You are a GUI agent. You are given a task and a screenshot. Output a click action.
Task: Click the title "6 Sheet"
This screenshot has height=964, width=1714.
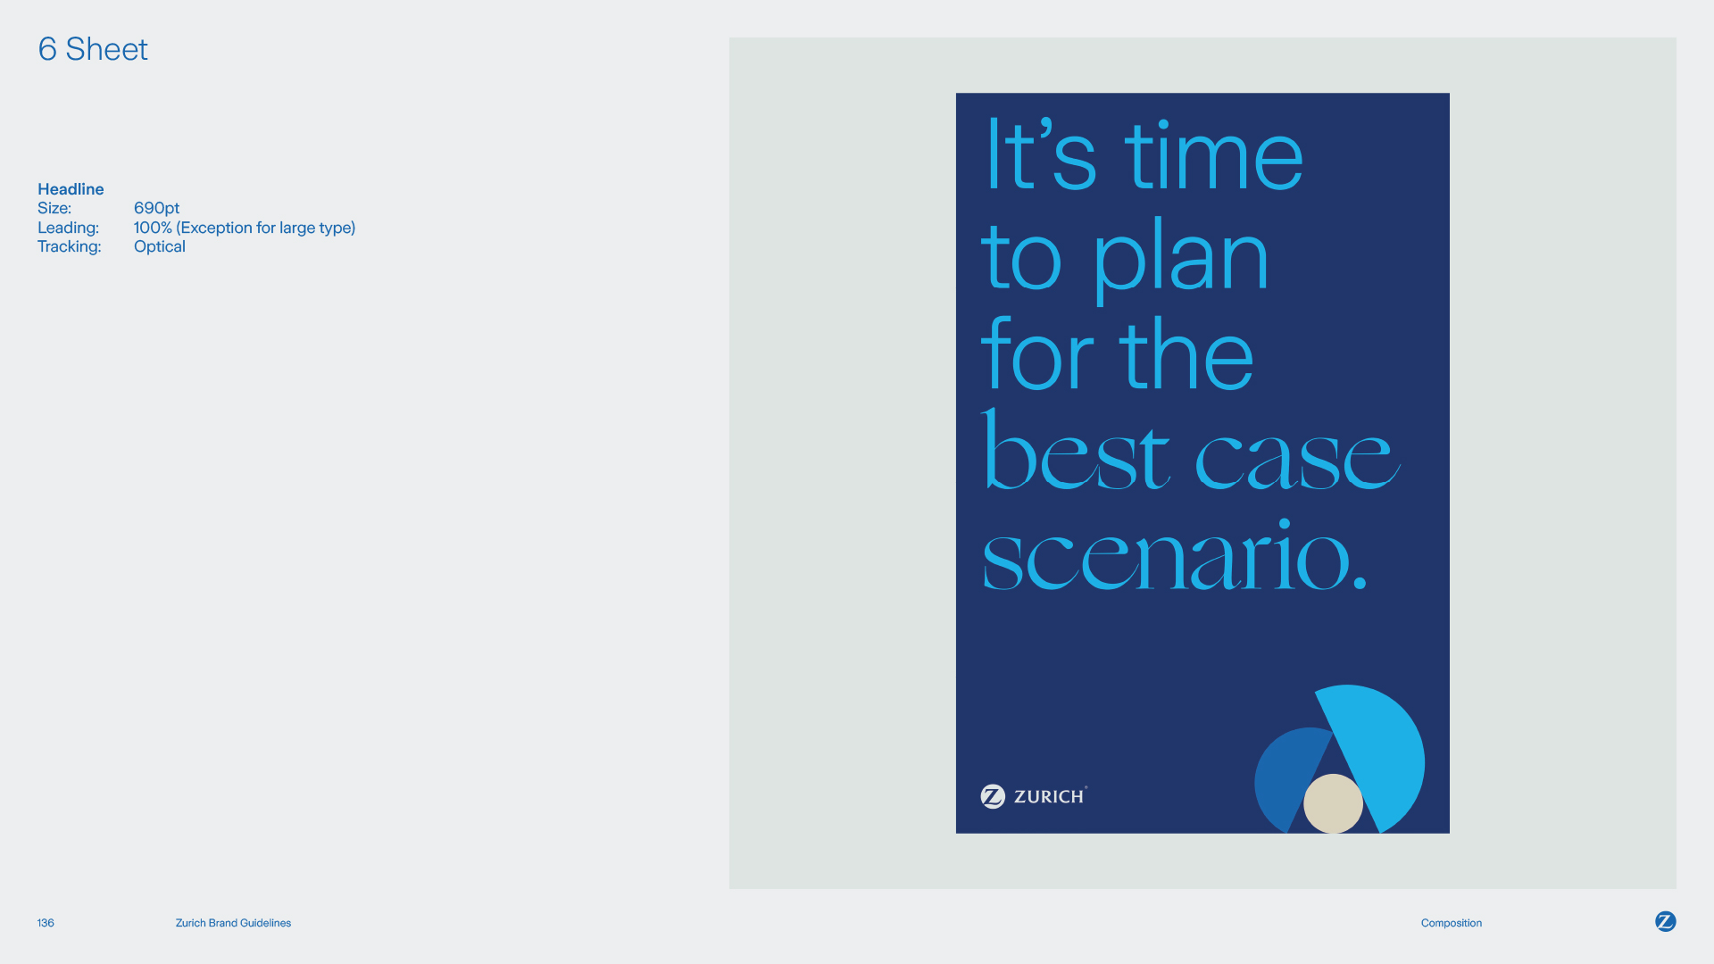pos(93,49)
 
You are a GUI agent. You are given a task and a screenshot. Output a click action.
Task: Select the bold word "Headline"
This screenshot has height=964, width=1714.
pos(71,189)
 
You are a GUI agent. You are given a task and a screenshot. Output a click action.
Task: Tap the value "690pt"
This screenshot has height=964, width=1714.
pos(156,208)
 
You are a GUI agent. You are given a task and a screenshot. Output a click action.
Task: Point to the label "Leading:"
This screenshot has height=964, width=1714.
pos(68,228)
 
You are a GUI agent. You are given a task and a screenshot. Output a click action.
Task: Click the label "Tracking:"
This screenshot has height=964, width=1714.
pos(70,246)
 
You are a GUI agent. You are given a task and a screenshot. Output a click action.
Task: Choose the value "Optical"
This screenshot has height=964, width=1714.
pos(160,246)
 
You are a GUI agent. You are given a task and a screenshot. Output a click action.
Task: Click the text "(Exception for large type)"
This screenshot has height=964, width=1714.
pos(266,228)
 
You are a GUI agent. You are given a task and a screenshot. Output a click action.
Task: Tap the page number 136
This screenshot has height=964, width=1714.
pos(46,923)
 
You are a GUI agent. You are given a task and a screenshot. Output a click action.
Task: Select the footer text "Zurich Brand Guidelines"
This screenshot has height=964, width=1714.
pos(233,923)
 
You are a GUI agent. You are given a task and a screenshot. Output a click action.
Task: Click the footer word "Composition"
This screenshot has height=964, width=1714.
pos(1452,923)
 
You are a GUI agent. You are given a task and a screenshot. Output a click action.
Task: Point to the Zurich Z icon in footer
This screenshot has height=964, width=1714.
pos(1666,921)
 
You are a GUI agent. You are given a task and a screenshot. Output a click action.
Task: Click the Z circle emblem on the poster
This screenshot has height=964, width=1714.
pos(993,796)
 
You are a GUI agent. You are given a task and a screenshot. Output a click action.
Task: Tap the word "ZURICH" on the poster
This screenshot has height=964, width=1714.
pos(1049,796)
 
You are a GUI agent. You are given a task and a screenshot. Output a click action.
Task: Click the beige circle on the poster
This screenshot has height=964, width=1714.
pos(1333,803)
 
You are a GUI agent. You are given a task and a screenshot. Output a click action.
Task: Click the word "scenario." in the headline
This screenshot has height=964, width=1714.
pos(1174,555)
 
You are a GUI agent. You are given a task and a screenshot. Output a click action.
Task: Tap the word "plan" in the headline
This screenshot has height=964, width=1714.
pos(1181,259)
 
